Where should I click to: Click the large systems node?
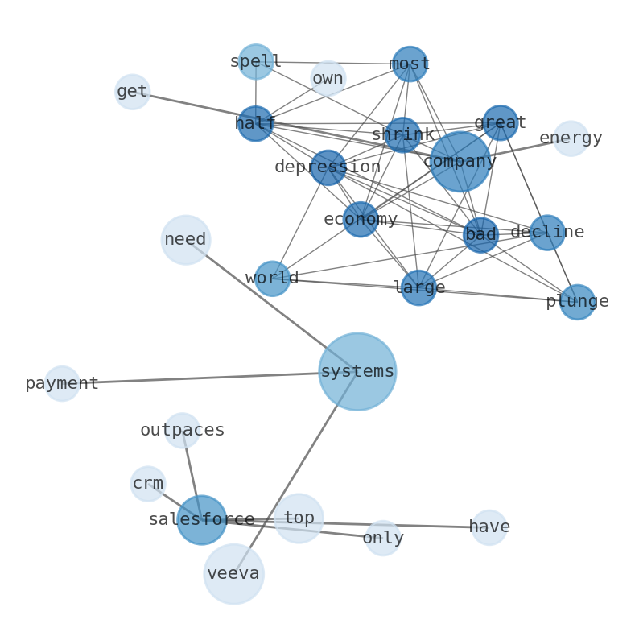[357, 372]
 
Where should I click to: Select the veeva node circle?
[233, 574]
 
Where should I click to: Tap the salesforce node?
[201, 520]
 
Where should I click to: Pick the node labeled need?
[186, 240]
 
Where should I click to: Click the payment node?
[62, 384]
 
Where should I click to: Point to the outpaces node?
[182, 431]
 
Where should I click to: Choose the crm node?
[148, 484]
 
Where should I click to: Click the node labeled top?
[299, 518]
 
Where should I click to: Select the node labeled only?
[382, 538]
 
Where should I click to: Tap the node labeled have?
[489, 527]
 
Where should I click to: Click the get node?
[133, 92]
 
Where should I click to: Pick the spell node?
[255, 61]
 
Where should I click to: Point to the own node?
[328, 78]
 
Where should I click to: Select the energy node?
[571, 138]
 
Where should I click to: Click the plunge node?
[577, 302]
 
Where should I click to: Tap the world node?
[272, 279]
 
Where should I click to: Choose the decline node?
[547, 233]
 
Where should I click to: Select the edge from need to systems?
[271, 306]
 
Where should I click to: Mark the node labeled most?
[410, 64]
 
